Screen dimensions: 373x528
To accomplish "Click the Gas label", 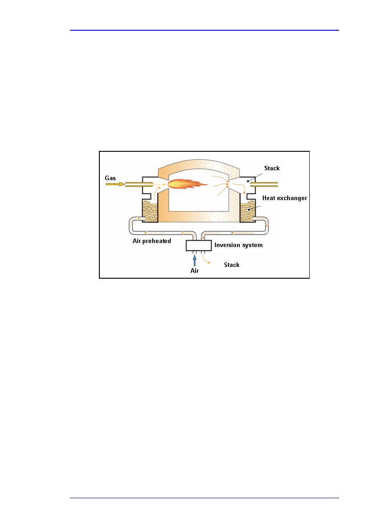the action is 110,178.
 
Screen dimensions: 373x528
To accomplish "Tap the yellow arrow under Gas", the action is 115,184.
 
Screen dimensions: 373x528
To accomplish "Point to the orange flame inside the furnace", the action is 187,184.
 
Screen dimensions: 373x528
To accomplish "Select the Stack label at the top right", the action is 272,168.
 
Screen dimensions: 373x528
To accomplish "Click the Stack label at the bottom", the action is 232,265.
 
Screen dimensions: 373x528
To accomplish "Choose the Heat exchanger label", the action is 284,198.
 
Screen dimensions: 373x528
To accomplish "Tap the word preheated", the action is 157,241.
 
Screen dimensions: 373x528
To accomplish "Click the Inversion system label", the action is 238,245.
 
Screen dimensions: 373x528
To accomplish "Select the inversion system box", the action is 199,245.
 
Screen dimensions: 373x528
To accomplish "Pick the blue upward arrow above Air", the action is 194,261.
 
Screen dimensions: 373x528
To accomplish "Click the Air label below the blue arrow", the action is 195,271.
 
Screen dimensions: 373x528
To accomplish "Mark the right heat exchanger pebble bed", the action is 248,211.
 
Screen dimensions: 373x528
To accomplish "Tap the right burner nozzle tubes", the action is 264,184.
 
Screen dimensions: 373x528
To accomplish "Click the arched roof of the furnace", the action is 199,167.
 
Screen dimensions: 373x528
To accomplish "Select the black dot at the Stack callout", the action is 248,181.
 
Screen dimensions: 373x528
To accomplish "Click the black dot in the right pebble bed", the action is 249,210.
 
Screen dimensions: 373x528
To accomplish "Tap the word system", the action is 252,245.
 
